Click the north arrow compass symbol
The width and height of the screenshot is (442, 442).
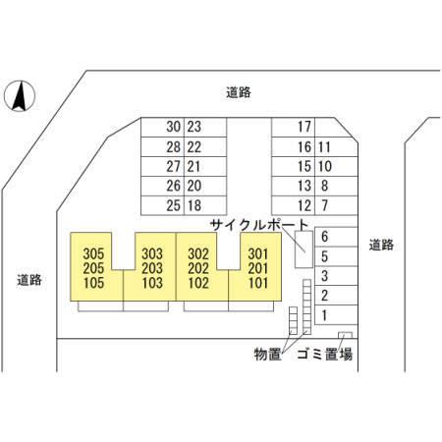[20, 96]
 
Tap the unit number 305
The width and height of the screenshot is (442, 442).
[93, 254]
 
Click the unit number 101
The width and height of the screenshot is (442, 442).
[258, 283]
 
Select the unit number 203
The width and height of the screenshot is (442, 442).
[152, 268]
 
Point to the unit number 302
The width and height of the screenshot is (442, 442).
[198, 254]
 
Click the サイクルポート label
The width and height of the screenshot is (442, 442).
[259, 225]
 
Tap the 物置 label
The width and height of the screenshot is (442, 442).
[268, 355]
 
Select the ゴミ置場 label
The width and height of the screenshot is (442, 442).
[325, 355]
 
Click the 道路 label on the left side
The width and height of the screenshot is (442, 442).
[29, 280]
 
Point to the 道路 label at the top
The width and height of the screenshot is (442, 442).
[239, 92]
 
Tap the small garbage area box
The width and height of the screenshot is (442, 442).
[345, 335]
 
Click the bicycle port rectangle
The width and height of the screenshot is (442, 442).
[304, 249]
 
